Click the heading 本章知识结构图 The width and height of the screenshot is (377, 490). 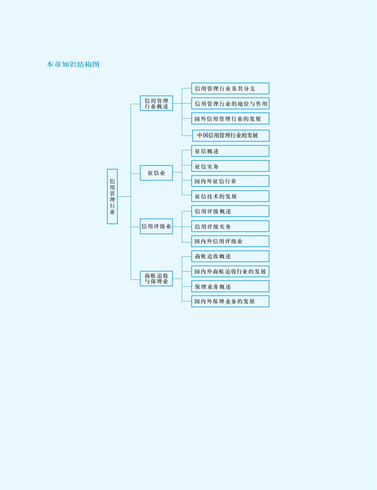pos(73,64)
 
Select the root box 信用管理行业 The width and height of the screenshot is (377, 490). pos(112,196)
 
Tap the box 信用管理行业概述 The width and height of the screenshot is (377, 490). pos(156,103)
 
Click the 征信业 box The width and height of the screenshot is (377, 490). pos(156,173)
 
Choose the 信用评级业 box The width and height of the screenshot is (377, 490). pos(156,226)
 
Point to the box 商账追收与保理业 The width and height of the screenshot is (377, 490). pos(156,279)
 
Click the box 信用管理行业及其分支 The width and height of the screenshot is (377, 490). pos(230,88)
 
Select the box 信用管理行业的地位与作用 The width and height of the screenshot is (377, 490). pos(230,104)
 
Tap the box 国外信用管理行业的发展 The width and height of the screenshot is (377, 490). pos(230,119)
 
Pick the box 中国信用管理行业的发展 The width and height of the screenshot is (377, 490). pos(231,136)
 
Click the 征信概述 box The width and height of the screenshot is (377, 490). pos(230,151)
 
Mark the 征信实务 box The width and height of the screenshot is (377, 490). pos(230,166)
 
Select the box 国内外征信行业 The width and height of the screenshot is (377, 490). pos(230,181)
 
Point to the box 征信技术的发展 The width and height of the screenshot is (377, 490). pos(230,196)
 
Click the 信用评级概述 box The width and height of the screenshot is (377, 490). pos(230,211)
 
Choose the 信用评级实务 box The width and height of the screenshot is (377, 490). pos(230,226)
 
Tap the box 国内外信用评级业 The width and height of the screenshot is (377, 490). pos(230,241)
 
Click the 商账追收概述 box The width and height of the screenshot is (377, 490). pos(230,256)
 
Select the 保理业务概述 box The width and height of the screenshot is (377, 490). pos(230,286)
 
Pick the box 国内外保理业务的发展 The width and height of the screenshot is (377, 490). pos(230,301)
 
